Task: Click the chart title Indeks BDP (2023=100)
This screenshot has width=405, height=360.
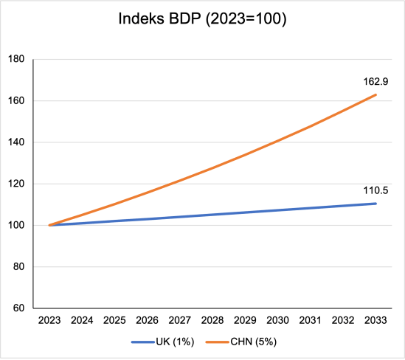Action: click(202, 20)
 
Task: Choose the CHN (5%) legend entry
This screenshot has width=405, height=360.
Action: click(243, 342)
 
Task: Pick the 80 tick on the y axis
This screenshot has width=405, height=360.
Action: click(18, 267)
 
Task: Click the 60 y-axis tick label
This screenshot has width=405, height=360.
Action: click(18, 308)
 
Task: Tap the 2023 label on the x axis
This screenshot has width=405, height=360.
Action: click(49, 322)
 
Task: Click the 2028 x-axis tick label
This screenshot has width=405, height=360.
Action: click(213, 322)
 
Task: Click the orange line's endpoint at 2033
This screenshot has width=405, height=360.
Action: click(377, 94)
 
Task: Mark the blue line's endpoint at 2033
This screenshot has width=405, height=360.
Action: click(377, 204)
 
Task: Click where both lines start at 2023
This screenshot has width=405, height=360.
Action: click(49, 225)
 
